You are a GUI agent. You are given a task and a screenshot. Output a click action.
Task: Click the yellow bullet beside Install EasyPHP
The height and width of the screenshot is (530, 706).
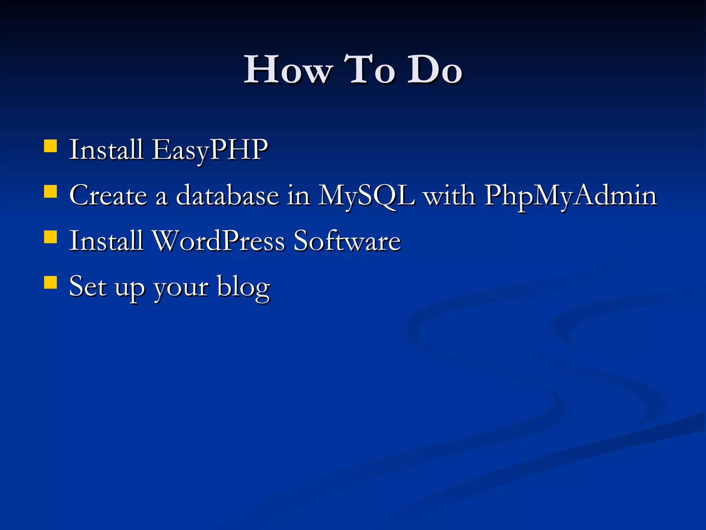coord(51,146)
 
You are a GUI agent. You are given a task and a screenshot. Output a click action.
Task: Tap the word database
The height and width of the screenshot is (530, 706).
coord(228,195)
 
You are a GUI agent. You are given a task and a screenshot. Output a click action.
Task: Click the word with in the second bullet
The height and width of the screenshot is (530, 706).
coord(449,195)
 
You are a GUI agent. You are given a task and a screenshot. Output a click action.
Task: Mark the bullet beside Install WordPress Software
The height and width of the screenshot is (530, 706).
coord(51,237)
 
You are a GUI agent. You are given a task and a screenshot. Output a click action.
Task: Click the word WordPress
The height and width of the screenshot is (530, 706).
coord(219,241)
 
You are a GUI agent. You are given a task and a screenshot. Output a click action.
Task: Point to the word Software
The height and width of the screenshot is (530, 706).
coord(347,241)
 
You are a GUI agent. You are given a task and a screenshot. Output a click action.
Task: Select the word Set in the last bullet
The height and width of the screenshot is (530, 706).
coord(88,286)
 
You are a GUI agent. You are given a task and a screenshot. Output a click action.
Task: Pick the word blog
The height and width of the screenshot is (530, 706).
coord(243,287)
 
